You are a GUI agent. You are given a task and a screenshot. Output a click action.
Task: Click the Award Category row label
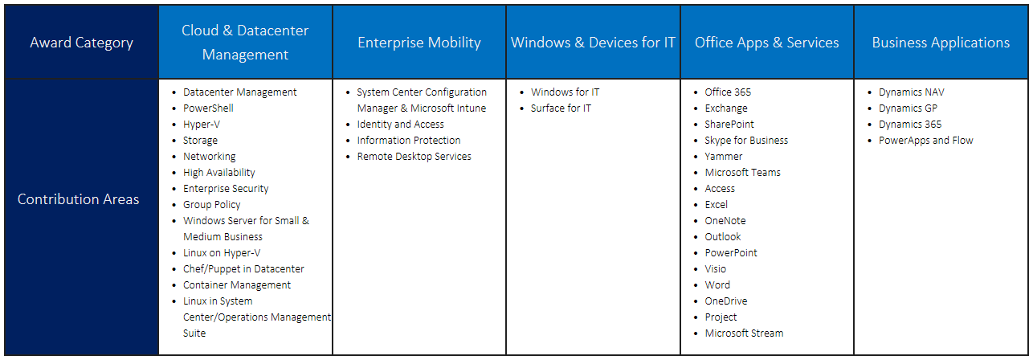click(x=81, y=43)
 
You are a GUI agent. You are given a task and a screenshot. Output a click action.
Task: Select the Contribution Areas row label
click(x=79, y=199)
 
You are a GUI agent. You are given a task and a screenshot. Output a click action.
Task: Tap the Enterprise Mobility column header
click(x=419, y=43)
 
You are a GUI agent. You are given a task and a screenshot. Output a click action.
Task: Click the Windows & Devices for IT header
click(x=593, y=43)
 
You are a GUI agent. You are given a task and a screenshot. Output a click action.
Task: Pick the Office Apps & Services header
click(x=766, y=43)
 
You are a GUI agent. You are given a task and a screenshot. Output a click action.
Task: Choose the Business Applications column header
click(x=941, y=43)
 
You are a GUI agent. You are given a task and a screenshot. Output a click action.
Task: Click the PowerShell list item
click(x=208, y=108)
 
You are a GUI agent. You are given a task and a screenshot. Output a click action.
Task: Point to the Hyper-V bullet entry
click(x=201, y=125)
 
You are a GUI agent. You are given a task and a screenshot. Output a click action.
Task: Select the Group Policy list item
click(x=211, y=205)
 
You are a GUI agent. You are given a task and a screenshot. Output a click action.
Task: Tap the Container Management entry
click(x=237, y=285)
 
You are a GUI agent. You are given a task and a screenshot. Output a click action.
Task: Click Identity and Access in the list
click(x=400, y=125)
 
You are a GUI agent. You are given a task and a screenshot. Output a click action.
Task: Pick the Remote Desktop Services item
click(x=414, y=157)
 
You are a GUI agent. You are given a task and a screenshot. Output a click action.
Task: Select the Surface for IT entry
click(x=561, y=108)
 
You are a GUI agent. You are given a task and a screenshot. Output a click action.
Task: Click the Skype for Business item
click(x=746, y=141)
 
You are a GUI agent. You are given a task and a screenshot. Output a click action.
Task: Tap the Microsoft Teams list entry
click(x=742, y=173)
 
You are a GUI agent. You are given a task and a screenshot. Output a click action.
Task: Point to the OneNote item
click(x=725, y=221)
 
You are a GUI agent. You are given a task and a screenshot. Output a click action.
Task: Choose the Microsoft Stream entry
click(x=744, y=333)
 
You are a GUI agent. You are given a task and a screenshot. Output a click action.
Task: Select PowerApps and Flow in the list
click(x=925, y=141)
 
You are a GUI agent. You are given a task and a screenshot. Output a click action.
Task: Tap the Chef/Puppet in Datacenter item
click(x=243, y=269)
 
